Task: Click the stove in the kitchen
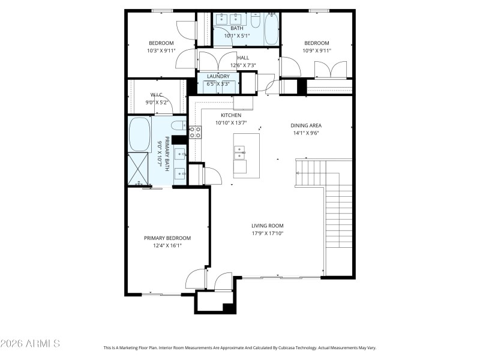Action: pos(195,132)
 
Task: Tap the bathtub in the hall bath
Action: pos(271,28)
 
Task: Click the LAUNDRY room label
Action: pos(218,77)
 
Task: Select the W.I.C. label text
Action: pos(157,95)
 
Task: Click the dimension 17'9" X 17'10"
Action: pos(267,233)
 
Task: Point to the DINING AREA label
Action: pos(306,126)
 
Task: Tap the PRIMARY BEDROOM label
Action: pos(167,238)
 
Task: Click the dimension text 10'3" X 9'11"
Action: pos(161,51)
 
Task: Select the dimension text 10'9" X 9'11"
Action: pos(316,51)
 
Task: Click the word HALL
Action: pos(243,58)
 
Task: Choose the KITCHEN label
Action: pos(231,115)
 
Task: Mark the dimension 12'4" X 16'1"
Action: pos(167,245)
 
